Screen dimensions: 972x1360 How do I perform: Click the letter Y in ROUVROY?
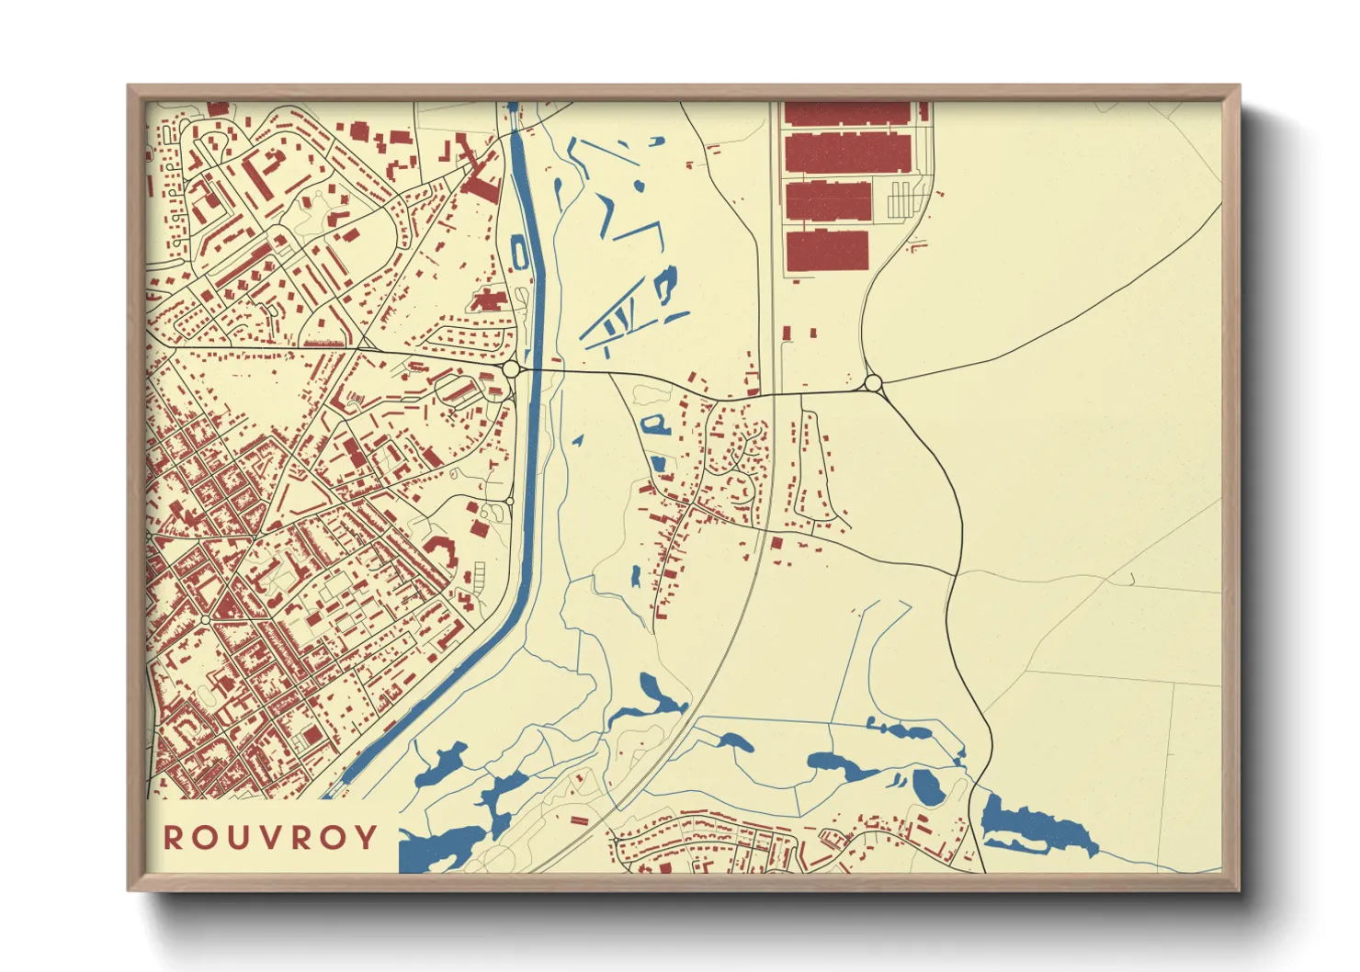tap(367, 837)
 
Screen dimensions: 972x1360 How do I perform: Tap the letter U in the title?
tap(240, 837)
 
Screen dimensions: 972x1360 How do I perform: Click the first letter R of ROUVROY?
tap(173, 837)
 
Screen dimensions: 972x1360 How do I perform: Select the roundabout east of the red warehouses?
tap(873, 382)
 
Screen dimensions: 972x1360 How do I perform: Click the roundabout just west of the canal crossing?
tap(511, 368)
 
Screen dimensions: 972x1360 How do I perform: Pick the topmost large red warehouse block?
tap(846, 113)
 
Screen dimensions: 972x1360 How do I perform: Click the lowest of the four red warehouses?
tap(827, 250)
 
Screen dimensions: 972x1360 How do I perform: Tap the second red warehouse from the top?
tap(846, 153)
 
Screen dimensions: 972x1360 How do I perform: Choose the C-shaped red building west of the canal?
tap(444, 551)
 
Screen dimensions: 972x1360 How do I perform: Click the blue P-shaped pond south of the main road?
tap(655, 424)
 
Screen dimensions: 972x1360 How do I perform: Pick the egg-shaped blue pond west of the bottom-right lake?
tap(925, 787)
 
